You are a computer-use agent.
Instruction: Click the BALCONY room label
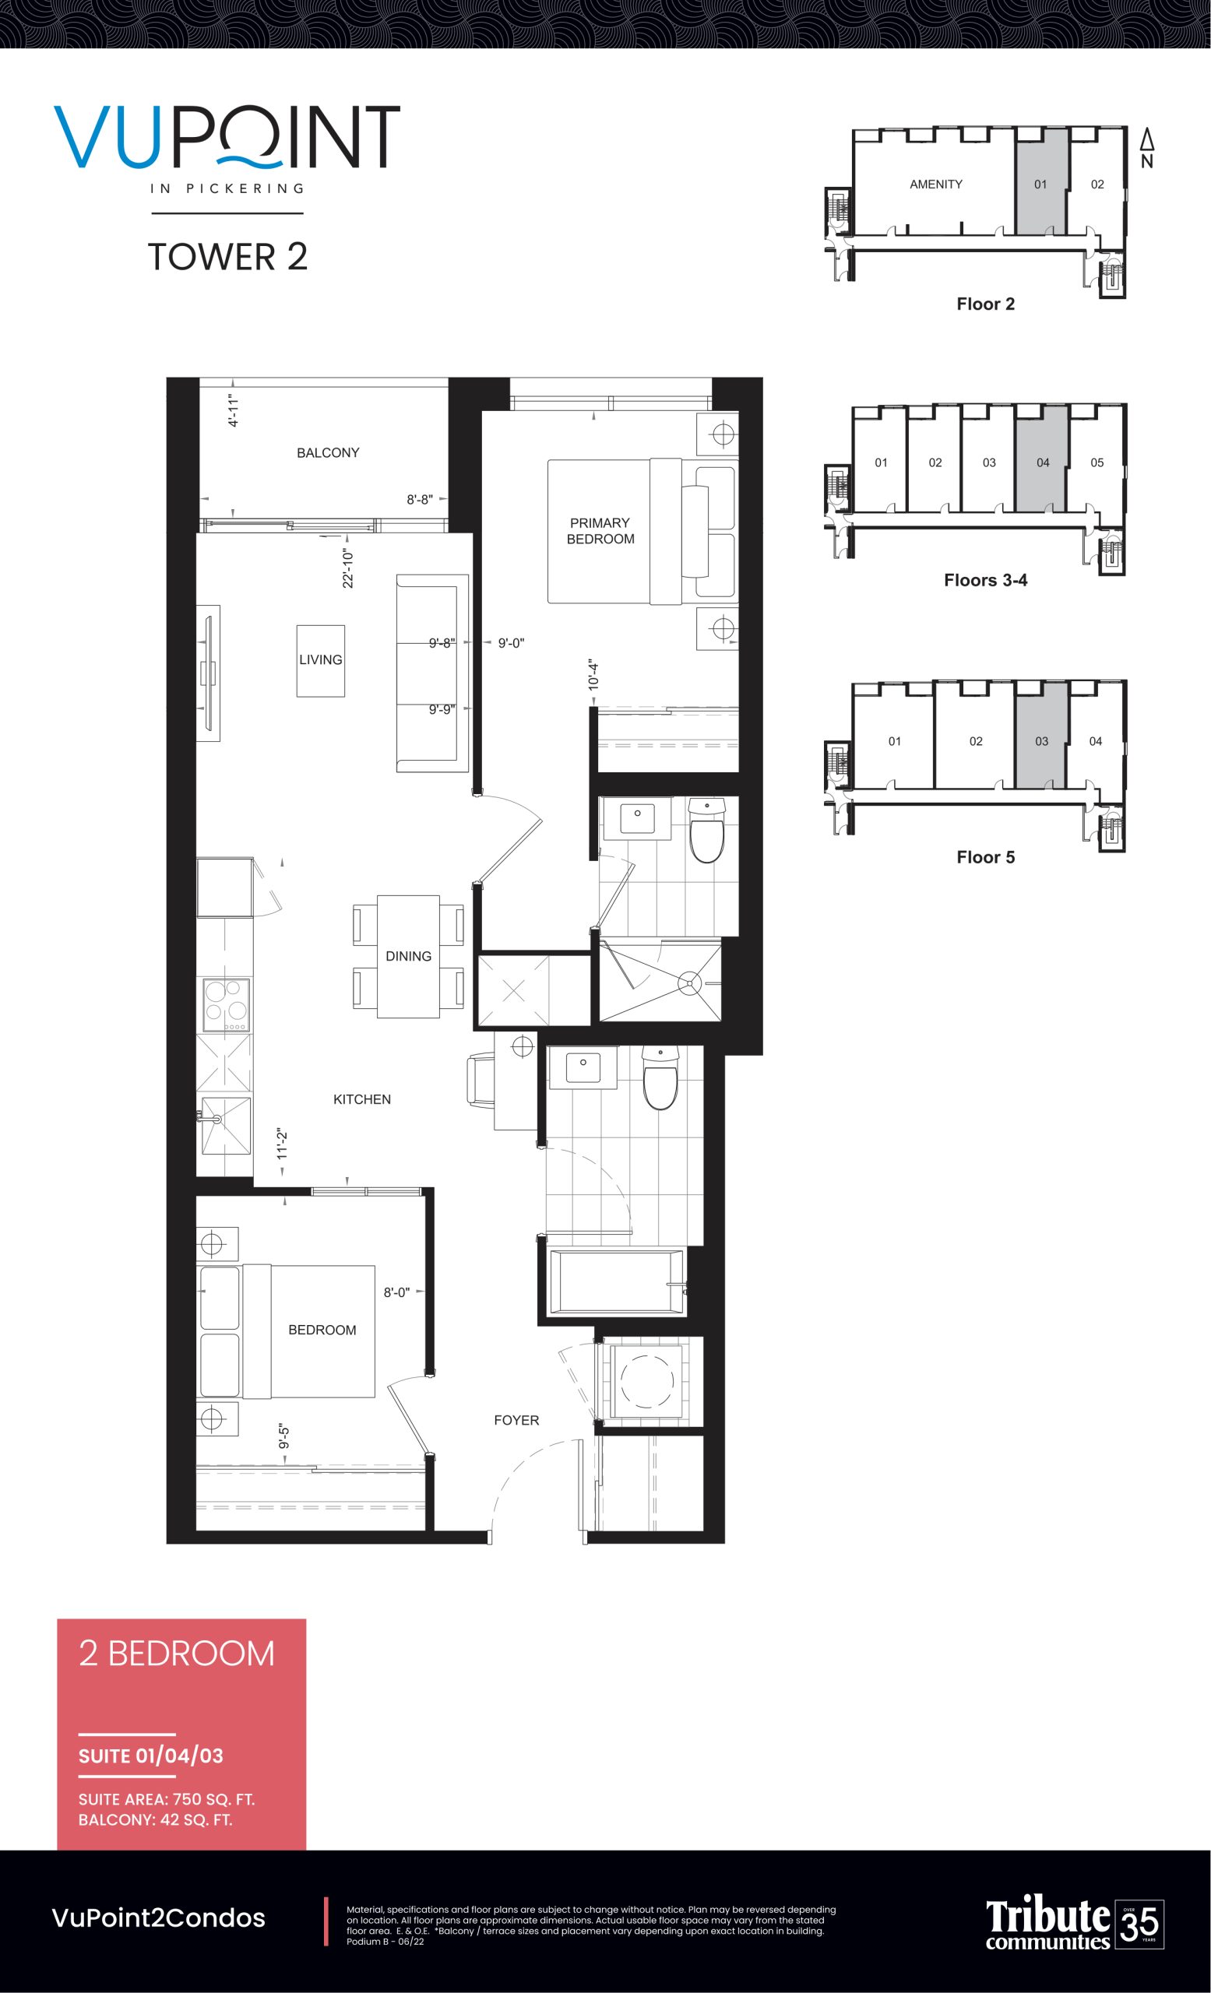(x=328, y=453)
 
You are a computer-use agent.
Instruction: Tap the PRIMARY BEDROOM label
(x=600, y=531)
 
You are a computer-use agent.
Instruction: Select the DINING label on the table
(x=409, y=956)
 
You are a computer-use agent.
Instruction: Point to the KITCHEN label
(x=361, y=1099)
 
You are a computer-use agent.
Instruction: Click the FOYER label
(x=516, y=1420)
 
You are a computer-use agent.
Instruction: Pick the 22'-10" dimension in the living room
(x=348, y=568)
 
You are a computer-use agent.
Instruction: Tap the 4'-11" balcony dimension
(x=233, y=411)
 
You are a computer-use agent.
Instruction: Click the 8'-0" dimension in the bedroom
(x=396, y=1292)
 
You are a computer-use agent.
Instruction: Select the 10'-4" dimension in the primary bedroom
(x=593, y=673)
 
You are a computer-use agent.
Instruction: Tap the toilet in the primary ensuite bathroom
(x=706, y=831)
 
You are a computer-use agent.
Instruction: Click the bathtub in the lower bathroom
(x=617, y=1281)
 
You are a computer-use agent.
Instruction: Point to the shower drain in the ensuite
(x=689, y=984)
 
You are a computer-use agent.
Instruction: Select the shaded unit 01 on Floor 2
(x=1042, y=185)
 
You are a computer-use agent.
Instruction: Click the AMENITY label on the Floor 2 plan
(x=936, y=185)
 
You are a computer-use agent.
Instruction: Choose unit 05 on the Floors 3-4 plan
(x=1097, y=462)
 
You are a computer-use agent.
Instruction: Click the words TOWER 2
(x=227, y=256)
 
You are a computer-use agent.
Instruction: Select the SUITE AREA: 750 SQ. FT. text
(x=167, y=1800)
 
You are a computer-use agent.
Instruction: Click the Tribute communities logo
(x=1074, y=1924)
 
